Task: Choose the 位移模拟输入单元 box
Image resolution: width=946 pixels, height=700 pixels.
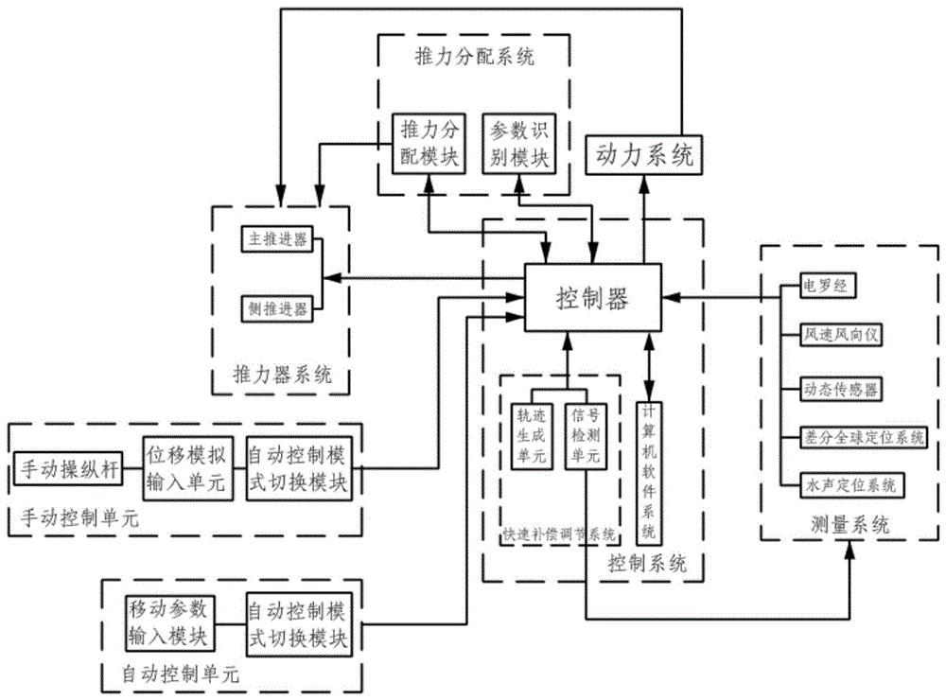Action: point(185,467)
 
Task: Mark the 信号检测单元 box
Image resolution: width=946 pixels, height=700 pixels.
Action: point(585,436)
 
